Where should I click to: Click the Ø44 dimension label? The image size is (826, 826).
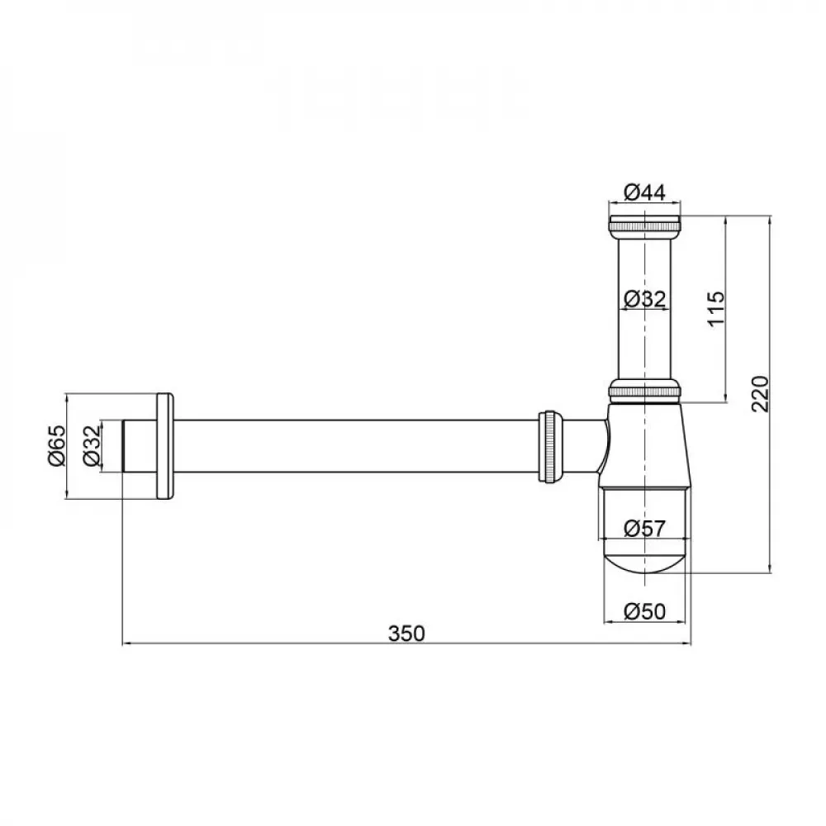tap(644, 192)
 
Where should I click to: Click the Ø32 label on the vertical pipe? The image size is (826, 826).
tap(644, 299)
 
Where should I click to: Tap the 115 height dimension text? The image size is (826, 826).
tap(715, 308)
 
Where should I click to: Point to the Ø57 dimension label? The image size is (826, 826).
tap(644, 529)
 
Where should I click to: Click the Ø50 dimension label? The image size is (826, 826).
tap(644, 611)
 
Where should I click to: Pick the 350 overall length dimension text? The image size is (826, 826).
tap(406, 634)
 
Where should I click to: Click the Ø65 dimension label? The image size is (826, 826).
tap(55, 446)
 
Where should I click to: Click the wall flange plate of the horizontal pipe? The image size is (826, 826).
tap(164, 446)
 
